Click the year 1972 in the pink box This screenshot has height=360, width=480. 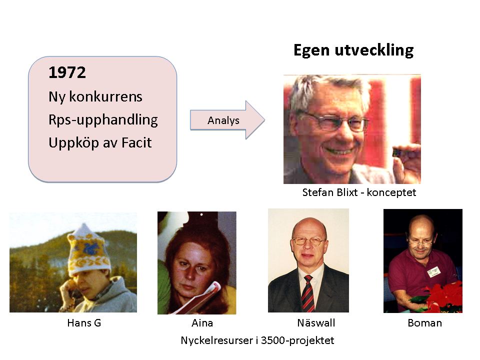tap(67, 72)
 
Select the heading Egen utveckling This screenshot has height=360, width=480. tap(353, 50)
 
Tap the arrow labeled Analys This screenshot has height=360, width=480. tap(227, 120)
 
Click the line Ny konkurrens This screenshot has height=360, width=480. tap(95, 97)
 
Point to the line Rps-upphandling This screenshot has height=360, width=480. tap(103, 120)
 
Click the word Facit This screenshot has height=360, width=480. tap(136, 142)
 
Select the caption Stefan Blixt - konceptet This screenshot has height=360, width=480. tap(359, 192)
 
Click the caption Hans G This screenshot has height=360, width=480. tap(84, 323)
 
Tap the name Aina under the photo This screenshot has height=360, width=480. tap(202, 323)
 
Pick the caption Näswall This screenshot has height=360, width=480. tap(316, 322)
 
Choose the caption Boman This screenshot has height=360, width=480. tap(425, 323)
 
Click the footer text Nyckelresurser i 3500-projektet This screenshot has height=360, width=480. tap(257, 340)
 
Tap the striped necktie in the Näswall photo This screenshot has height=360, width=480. tap(307, 293)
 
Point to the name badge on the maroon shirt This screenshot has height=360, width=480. tap(434, 271)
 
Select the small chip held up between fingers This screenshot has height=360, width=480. tap(397, 151)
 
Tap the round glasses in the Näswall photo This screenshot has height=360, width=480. tap(308, 241)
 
